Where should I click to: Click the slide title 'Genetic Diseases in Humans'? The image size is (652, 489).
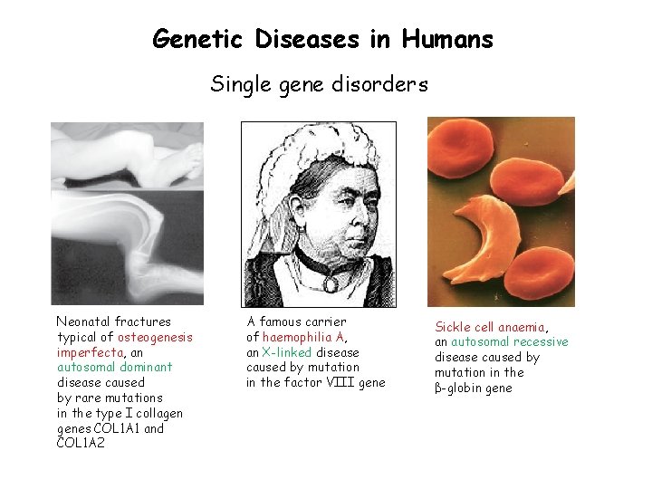(323, 40)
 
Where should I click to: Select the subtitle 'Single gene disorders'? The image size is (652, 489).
(319, 84)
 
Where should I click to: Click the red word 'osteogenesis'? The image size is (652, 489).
(155, 337)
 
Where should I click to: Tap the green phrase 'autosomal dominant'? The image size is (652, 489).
(114, 368)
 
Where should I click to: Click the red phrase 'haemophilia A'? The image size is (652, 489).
(303, 337)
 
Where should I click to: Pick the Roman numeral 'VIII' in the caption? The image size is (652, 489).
(342, 383)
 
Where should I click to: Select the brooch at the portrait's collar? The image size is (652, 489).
(331, 283)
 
